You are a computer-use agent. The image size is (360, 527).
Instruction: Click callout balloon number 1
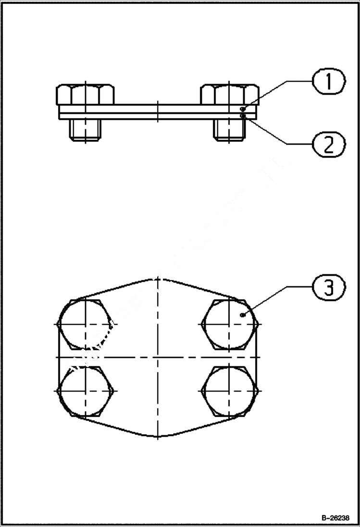tap(329, 82)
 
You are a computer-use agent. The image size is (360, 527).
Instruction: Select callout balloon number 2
tap(329, 144)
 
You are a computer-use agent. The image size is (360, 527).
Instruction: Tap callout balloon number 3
tap(329, 288)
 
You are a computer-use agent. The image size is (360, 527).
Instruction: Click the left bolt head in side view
tap(85, 95)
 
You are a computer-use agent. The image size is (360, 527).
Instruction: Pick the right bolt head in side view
tap(229, 95)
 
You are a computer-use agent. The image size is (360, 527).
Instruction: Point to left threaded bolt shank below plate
tap(85, 129)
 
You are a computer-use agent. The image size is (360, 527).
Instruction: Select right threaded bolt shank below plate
tap(228, 129)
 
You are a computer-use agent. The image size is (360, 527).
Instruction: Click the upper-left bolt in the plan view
tap(85, 324)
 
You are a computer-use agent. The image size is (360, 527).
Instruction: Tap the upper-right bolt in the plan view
tap(229, 324)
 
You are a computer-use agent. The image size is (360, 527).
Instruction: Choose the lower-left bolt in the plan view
tap(85, 390)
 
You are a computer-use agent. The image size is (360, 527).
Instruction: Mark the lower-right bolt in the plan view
tap(229, 390)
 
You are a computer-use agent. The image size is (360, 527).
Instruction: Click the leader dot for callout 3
tap(243, 315)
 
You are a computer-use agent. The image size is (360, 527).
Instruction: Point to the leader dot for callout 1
tap(244, 110)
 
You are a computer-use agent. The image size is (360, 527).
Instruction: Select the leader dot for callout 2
tap(244, 116)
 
